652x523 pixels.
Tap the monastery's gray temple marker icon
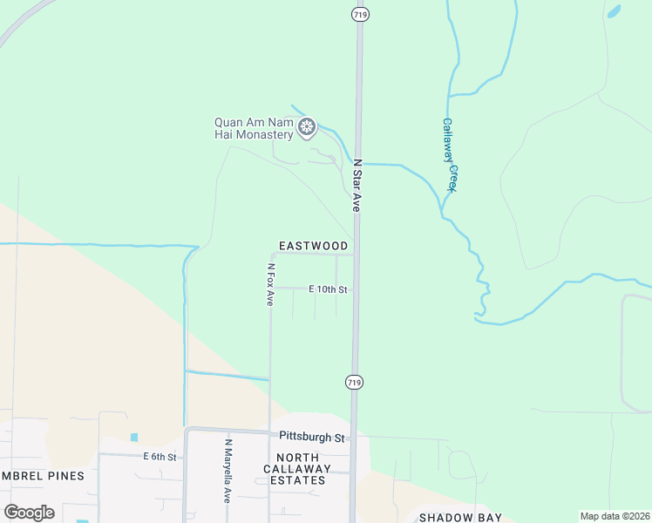306,128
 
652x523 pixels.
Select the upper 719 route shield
358,14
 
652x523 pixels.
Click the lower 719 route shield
354,383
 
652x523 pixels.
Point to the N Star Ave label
356,186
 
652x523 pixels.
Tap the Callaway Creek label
450,155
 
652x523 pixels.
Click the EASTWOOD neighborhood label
313,247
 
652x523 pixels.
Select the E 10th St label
328,289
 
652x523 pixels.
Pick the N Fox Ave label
270,284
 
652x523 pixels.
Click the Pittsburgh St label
312,436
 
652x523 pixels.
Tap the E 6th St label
160,457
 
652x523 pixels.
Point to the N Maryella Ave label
228,471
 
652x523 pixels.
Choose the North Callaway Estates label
303,469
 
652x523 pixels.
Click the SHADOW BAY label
460,518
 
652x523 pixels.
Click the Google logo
29,513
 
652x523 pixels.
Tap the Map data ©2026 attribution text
614,516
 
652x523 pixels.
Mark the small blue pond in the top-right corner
614,12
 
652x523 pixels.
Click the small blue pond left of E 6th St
133,438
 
